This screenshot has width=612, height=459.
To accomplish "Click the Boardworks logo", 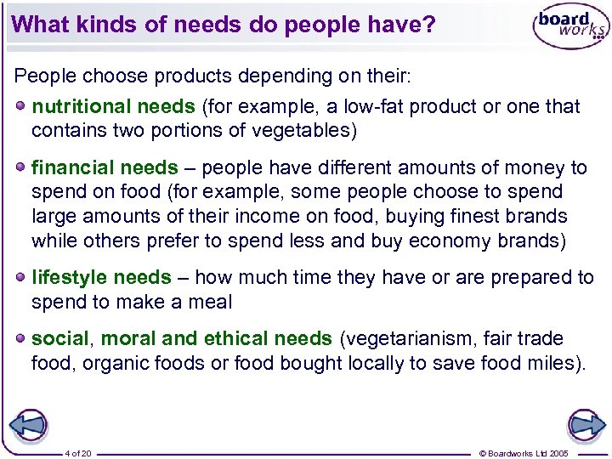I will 569,28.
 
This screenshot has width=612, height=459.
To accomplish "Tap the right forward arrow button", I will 586,425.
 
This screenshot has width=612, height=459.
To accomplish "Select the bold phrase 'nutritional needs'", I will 113,107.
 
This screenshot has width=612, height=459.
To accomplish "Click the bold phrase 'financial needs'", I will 105,168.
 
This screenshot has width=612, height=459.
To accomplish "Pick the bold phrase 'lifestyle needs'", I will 101,278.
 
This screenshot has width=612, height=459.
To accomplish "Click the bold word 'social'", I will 59,339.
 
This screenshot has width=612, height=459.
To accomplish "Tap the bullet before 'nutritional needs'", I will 20,106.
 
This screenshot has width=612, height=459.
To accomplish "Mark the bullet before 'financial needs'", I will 20,167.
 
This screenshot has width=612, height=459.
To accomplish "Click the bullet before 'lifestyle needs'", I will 20,277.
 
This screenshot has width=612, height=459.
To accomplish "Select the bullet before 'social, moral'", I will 20,338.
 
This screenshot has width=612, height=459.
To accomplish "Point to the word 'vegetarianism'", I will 408,339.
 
